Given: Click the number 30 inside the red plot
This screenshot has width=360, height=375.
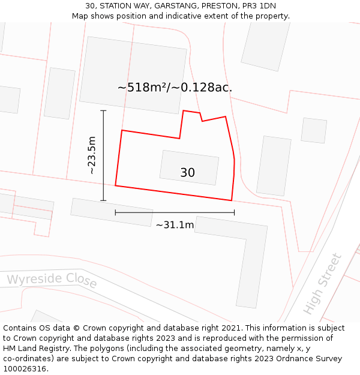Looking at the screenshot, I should point(187,173).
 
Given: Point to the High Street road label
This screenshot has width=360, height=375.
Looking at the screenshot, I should point(322,284).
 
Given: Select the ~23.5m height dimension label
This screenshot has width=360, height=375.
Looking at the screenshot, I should point(92,155).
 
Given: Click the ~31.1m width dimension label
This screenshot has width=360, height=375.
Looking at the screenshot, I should point(175,225).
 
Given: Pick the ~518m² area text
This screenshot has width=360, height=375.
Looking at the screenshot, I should point(142,88).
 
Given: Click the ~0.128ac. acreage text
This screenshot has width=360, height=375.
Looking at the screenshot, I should point(202,88).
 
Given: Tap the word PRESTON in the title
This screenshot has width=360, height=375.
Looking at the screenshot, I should point(221,6).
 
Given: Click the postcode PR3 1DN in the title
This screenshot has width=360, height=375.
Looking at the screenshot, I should point(259,6).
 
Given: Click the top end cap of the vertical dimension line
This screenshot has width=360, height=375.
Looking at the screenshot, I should point(103,111).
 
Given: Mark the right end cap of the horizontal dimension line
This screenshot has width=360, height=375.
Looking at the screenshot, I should point(234,212).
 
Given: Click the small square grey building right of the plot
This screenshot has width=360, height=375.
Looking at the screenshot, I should point(314,130).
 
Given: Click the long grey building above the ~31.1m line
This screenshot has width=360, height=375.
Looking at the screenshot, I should point(112,212).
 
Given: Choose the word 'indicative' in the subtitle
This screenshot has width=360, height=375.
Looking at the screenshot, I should point(181,16).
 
